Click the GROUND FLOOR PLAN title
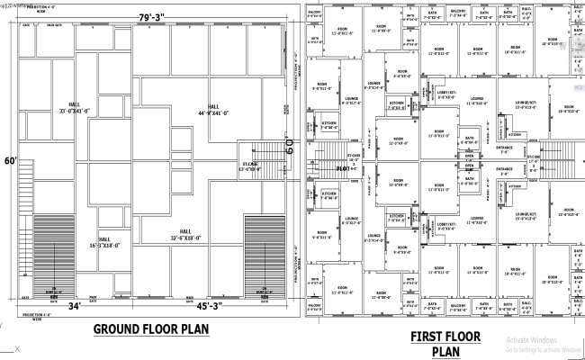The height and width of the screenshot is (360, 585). tap(150, 329)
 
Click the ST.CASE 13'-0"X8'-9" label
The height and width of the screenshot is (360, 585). tap(249, 166)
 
